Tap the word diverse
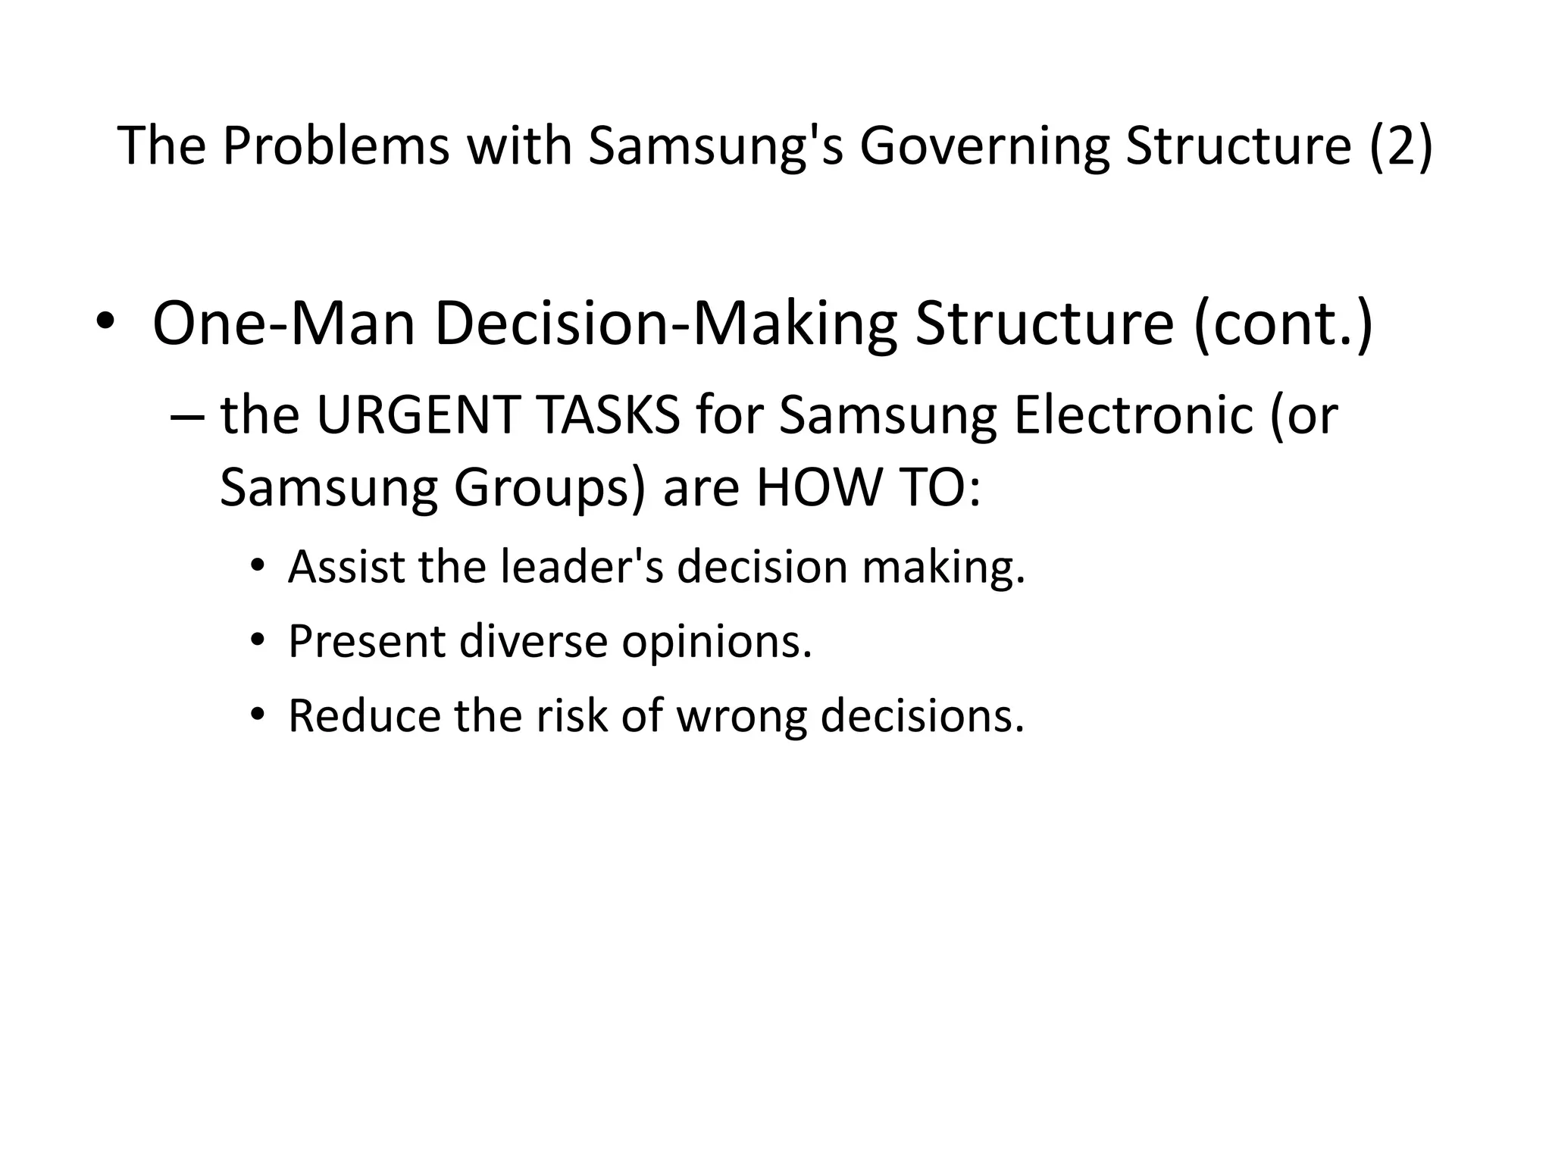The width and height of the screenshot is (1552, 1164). click(x=533, y=641)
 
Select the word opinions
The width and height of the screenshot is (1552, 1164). click(x=717, y=641)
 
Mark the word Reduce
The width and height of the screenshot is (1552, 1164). click(x=364, y=715)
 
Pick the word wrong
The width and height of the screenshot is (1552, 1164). click(x=741, y=715)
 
